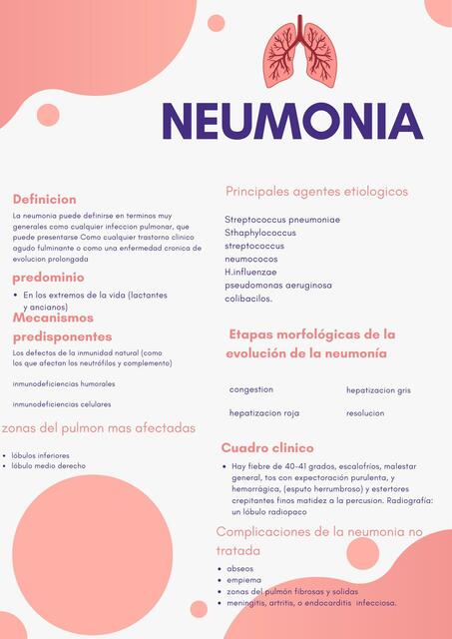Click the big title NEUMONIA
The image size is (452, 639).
tap(292, 121)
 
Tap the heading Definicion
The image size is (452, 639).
tap(44, 200)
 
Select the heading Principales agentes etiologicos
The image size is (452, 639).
tap(316, 191)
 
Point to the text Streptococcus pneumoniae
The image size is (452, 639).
tap(282, 220)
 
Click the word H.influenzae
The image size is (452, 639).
tap(250, 272)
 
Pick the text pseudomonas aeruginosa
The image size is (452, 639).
tap(278, 285)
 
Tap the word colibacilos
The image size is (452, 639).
tap(248, 298)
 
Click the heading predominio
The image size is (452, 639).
tap(48, 277)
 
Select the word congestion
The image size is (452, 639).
tap(250, 389)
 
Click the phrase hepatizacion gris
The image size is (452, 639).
tap(378, 390)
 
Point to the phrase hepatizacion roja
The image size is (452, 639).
tap(264, 412)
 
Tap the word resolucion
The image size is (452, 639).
tap(366, 412)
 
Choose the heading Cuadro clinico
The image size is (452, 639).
tap(267, 448)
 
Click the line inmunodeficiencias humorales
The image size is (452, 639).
tap(64, 383)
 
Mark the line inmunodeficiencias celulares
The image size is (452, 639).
tap(62, 404)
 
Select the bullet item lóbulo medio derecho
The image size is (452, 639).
tap(49, 465)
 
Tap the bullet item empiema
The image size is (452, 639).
tap(244, 579)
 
